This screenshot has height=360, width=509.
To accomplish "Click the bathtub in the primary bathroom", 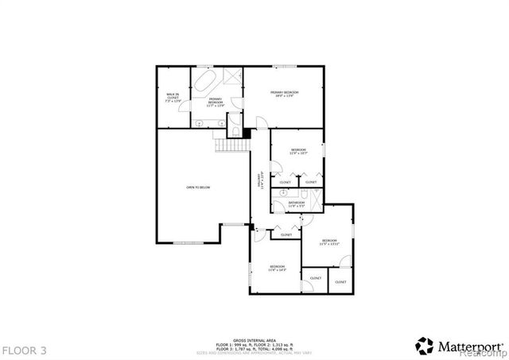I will click(203, 83).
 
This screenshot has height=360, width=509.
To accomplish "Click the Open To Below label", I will click(198, 188).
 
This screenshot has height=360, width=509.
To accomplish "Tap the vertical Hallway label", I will click(260, 181).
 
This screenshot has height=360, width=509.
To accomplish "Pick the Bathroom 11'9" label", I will click(297, 205).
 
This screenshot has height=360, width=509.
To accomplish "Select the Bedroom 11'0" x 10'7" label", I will click(298, 152).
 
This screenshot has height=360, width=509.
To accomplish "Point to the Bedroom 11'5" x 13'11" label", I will click(329, 242).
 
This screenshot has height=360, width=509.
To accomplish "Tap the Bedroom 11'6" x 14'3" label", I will click(277, 268).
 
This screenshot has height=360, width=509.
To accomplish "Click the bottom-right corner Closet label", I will click(340, 282).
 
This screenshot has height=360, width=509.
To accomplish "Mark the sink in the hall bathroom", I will click(283, 193).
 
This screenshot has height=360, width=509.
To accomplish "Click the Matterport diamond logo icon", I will click(425, 346).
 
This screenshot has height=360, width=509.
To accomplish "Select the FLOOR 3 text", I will click(25, 350).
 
